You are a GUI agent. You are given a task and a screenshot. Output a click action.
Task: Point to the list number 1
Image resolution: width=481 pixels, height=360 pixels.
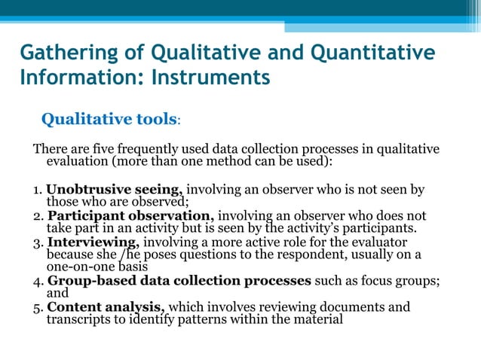[x=35, y=191]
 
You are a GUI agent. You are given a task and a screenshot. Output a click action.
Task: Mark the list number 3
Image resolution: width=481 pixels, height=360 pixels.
[x=36, y=243]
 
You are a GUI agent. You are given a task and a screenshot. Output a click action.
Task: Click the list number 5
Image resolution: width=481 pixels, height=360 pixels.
[x=36, y=307]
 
